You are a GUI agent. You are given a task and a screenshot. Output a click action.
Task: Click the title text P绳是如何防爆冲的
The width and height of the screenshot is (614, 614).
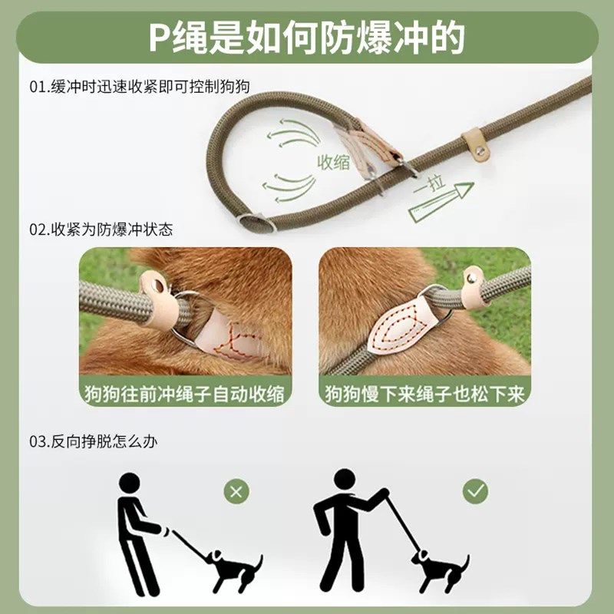tap(306, 38)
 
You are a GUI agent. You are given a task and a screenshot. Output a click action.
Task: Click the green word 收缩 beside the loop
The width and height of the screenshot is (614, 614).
tap(335, 161)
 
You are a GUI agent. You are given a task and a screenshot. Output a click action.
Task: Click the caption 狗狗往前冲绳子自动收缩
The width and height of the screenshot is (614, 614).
tap(185, 394)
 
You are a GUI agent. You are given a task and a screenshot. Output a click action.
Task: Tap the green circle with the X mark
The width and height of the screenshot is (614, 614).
tap(237, 490)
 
